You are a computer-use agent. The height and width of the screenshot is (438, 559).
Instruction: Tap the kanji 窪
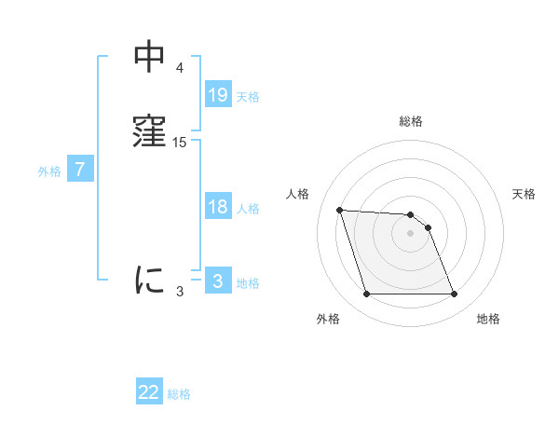149,130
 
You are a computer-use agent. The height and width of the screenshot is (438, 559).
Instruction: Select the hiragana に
149,279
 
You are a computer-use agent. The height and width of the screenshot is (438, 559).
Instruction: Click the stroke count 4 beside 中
180,68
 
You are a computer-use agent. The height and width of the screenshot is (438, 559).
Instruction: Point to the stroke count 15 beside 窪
180,143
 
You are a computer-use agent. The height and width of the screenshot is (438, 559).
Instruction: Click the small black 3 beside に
180,292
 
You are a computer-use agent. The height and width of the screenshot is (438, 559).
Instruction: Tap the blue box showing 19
218,95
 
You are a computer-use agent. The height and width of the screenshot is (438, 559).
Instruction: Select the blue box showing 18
218,207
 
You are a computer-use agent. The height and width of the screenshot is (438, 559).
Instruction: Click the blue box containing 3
218,281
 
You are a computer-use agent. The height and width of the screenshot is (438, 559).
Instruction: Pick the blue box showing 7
80,170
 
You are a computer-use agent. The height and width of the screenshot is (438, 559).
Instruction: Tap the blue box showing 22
149,392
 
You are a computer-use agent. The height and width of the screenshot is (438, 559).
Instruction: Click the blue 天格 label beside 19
248,96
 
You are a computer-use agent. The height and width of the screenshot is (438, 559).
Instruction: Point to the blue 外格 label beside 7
49,171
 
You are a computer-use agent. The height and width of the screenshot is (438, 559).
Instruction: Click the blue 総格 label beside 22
179,393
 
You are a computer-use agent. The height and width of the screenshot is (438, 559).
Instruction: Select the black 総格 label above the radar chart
411,121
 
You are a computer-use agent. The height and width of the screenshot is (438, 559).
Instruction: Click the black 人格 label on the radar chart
298,194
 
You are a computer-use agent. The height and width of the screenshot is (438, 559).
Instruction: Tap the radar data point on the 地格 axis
454,294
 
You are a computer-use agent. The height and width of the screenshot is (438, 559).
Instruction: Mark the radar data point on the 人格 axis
340,210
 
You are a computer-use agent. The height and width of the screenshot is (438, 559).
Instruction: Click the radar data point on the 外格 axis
366,294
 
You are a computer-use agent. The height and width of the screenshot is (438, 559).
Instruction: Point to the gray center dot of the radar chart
410,233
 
